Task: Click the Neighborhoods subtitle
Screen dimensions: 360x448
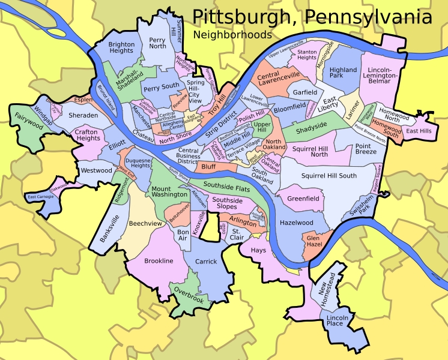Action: click(232, 35)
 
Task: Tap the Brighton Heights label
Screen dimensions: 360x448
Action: click(121, 47)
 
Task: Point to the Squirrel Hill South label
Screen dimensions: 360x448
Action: click(328, 176)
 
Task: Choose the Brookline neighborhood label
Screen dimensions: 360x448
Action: click(159, 261)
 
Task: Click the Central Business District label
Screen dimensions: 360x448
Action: click(188, 156)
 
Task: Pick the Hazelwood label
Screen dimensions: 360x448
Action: click(296, 223)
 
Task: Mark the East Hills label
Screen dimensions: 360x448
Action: click(418, 130)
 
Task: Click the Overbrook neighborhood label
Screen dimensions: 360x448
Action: click(190, 294)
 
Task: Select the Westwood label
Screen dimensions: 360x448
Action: click(97, 170)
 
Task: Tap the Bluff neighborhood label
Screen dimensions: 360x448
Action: click(208, 166)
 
